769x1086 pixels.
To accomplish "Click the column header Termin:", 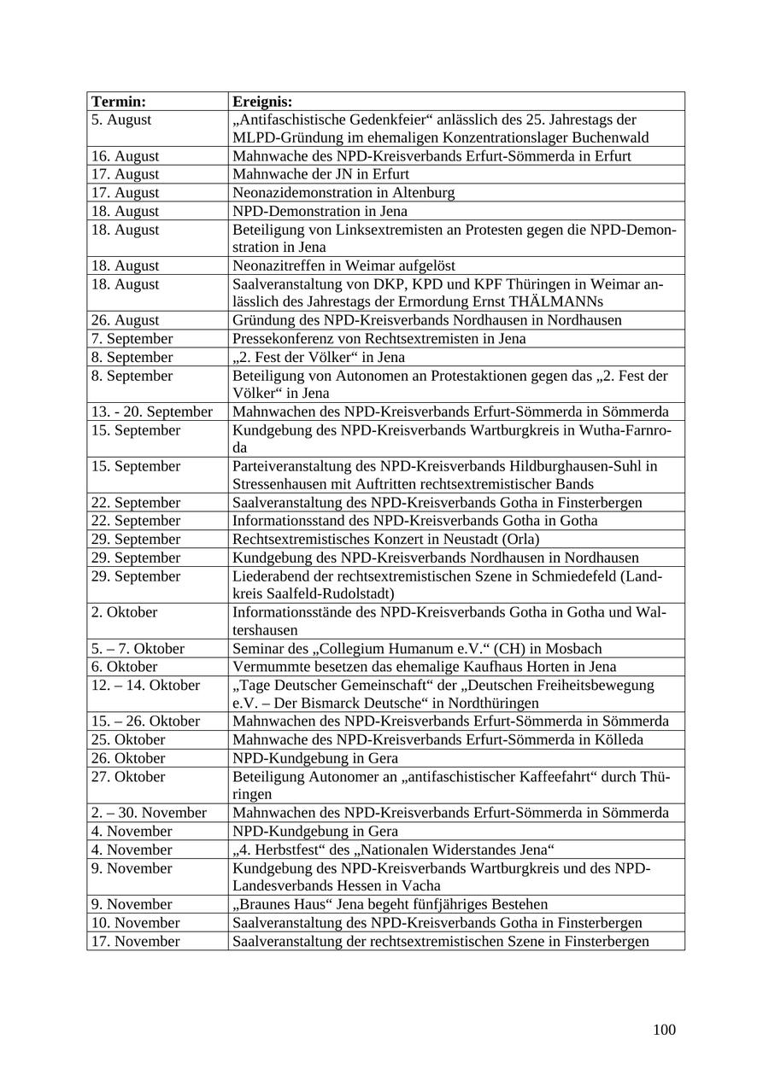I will click(119, 102).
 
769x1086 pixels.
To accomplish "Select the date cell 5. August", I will click(121, 120).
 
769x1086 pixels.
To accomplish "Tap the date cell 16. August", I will click(125, 156).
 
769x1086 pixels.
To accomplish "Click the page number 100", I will click(664, 1030).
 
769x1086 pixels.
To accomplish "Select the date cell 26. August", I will click(125, 320).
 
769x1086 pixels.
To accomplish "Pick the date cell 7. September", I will click(132, 339).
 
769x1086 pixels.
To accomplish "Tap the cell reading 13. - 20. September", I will click(152, 412).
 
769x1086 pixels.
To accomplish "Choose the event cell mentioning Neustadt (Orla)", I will click(385, 540).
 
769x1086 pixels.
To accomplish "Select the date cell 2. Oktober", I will click(124, 612).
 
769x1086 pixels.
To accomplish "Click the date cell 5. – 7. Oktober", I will click(138, 649).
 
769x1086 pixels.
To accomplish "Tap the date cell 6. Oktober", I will click(124, 667).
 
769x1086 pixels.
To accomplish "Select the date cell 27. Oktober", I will click(128, 777).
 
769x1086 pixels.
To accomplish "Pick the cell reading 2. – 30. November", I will click(149, 813).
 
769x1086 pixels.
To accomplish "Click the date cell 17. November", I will click(135, 942).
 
